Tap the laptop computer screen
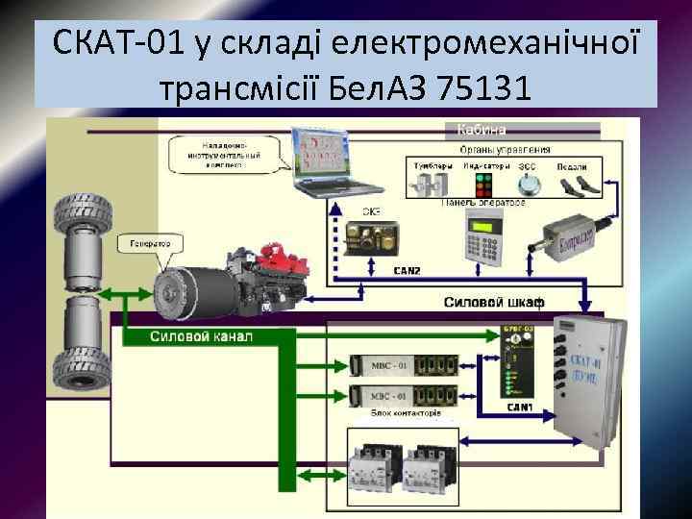(322, 154)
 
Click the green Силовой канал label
(201, 337)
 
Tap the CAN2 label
(408, 271)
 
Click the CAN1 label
(522, 407)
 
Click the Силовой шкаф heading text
(493, 303)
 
